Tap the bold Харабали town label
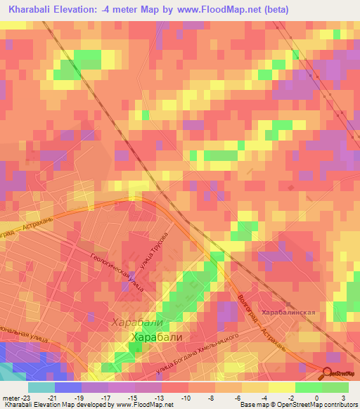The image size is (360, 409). point(157,337)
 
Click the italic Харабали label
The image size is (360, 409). point(137,323)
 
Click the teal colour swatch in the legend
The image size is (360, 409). point(41,387)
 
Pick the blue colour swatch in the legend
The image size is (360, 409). point(67,387)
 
